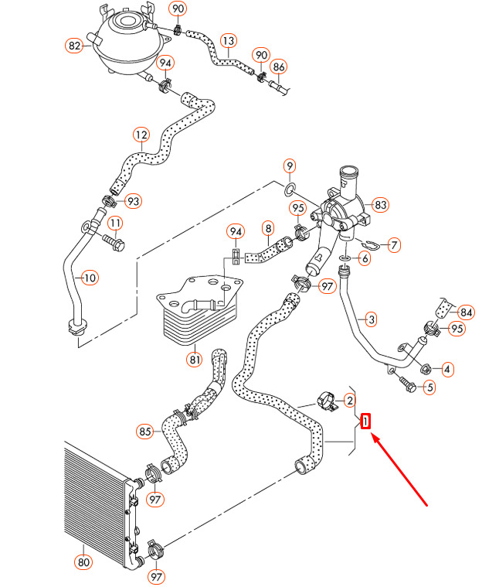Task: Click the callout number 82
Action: click(x=74, y=46)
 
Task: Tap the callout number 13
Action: click(x=228, y=39)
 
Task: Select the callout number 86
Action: click(x=279, y=67)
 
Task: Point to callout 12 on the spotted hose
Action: click(x=141, y=135)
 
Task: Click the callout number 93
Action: click(x=134, y=202)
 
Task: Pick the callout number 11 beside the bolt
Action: click(x=115, y=224)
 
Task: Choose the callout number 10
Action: click(x=90, y=276)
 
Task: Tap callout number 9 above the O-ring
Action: click(x=289, y=166)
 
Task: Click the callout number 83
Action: click(x=380, y=205)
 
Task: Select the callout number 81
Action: click(x=194, y=359)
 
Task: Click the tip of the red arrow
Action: click(x=373, y=436)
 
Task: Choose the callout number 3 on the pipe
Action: click(x=371, y=319)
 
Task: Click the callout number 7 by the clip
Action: click(x=394, y=245)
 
